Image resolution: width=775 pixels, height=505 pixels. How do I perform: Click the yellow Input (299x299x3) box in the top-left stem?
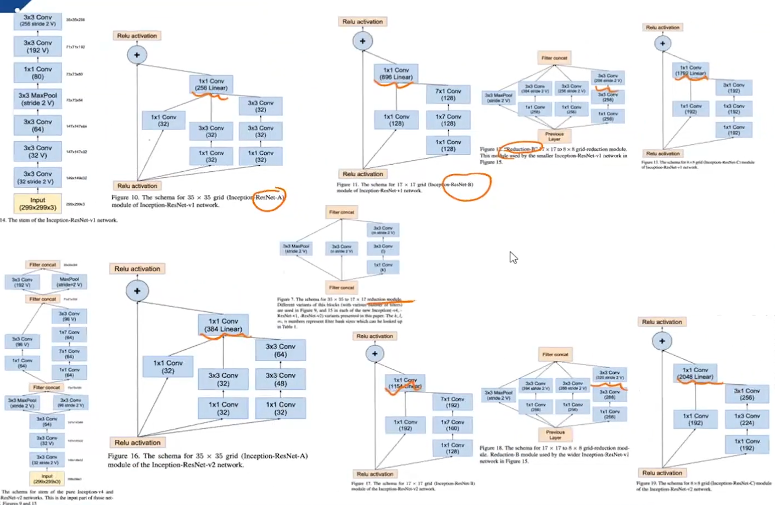click(37, 204)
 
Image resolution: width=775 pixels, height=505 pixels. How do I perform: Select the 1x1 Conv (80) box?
click(37, 73)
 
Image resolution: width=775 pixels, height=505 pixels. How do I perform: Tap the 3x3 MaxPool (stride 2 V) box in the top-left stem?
click(37, 99)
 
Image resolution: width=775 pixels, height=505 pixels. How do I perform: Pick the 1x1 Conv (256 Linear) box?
click(211, 85)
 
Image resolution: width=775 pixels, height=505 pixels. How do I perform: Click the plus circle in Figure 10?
click(137, 55)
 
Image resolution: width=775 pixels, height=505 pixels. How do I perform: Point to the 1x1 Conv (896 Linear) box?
click(396, 74)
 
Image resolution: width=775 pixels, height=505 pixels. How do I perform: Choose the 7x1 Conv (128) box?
click(448, 94)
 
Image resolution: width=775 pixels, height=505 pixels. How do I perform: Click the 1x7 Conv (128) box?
click(448, 120)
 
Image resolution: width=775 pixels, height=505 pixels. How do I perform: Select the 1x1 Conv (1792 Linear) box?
click(690, 70)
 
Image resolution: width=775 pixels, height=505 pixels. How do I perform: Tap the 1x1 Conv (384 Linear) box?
click(223, 325)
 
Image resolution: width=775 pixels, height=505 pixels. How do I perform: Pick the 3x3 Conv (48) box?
click(280, 379)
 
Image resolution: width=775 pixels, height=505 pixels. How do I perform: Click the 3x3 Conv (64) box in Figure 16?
click(280, 350)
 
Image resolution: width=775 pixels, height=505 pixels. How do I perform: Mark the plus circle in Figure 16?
click(137, 291)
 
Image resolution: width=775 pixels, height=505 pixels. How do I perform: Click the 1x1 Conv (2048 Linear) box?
click(695, 373)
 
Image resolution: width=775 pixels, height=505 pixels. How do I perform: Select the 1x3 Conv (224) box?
click(746, 419)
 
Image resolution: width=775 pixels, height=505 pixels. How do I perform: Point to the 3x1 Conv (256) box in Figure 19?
click(746, 394)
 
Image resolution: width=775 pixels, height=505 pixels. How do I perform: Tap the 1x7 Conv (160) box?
click(452, 425)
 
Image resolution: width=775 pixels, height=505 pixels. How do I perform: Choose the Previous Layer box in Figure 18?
click(555, 435)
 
